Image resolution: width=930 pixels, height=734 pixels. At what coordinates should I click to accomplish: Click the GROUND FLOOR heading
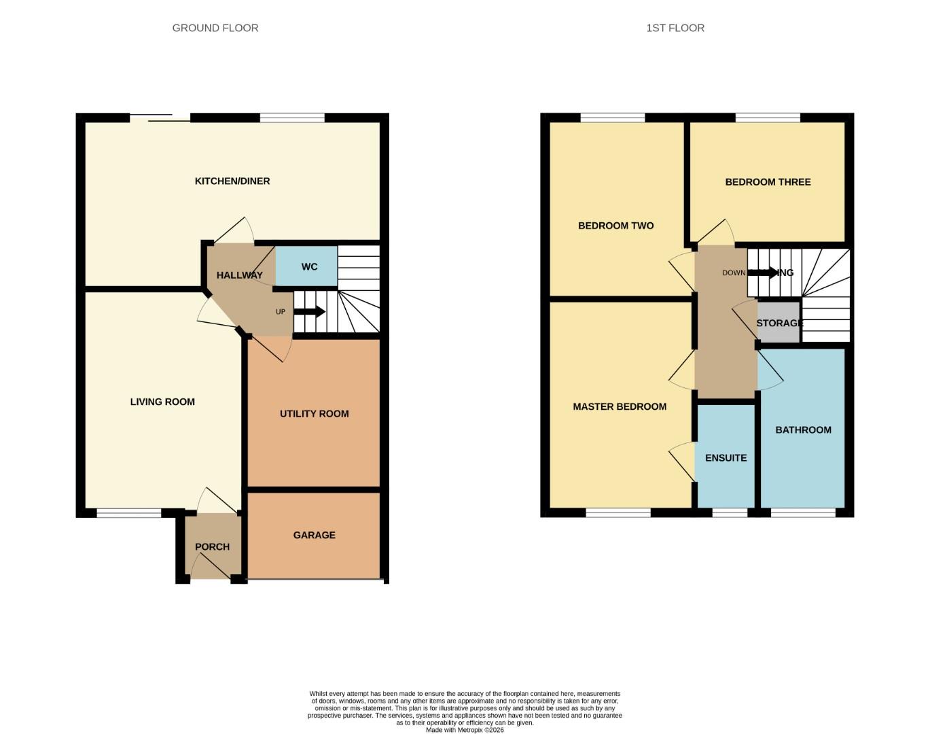215,28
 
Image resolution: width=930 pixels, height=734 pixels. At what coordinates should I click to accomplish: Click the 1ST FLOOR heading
675,28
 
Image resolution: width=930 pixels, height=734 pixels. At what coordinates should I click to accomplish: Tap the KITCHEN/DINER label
232,181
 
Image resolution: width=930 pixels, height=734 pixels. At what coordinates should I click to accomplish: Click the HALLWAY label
239,275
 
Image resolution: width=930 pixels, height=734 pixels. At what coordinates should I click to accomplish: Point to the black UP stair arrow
310,312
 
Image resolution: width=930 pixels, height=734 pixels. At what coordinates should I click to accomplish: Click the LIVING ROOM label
162,402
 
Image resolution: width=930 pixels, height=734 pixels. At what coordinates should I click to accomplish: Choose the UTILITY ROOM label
314,413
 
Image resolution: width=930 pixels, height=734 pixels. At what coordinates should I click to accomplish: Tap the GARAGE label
314,535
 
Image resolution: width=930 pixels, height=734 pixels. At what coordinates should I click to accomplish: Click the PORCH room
212,546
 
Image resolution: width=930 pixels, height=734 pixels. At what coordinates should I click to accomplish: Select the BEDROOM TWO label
615,226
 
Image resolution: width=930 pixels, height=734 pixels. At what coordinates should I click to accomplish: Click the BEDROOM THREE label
768,181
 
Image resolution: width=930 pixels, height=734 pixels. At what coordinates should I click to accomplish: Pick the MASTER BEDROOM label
619,406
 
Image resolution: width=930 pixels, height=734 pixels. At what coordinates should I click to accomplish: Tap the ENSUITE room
726,457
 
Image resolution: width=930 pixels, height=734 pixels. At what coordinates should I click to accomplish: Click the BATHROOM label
803,430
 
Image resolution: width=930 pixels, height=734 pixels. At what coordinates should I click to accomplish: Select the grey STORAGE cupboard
779,323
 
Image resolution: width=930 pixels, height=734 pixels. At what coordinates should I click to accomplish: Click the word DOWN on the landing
733,273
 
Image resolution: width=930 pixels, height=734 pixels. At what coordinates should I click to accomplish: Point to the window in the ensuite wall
730,513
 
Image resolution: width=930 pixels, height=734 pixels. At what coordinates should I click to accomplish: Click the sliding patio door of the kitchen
160,118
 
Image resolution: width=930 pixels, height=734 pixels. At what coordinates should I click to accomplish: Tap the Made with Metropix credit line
465,730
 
